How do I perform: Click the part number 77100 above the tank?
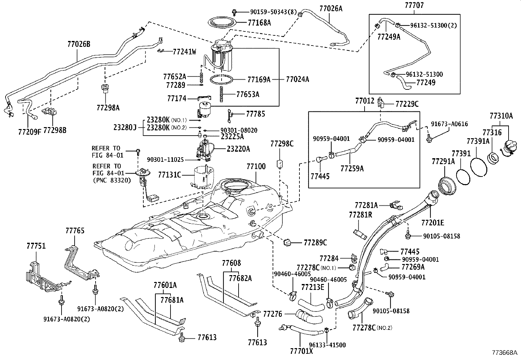[256, 166]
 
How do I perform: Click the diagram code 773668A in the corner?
[504, 353]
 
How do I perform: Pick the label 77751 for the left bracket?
[36, 246]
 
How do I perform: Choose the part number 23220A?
[238, 149]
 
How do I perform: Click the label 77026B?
[79, 44]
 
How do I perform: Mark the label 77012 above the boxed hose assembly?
[365, 101]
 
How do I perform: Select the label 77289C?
[315, 243]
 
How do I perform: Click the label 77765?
[75, 231]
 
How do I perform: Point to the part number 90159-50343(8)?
[273, 12]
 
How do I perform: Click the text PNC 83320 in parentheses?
[112, 180]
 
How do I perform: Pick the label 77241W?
[185, 51]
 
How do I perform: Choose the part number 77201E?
[433, 223]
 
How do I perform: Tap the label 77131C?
[170, 175]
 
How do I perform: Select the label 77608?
[231, 263]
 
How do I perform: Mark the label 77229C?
[407, 104]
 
